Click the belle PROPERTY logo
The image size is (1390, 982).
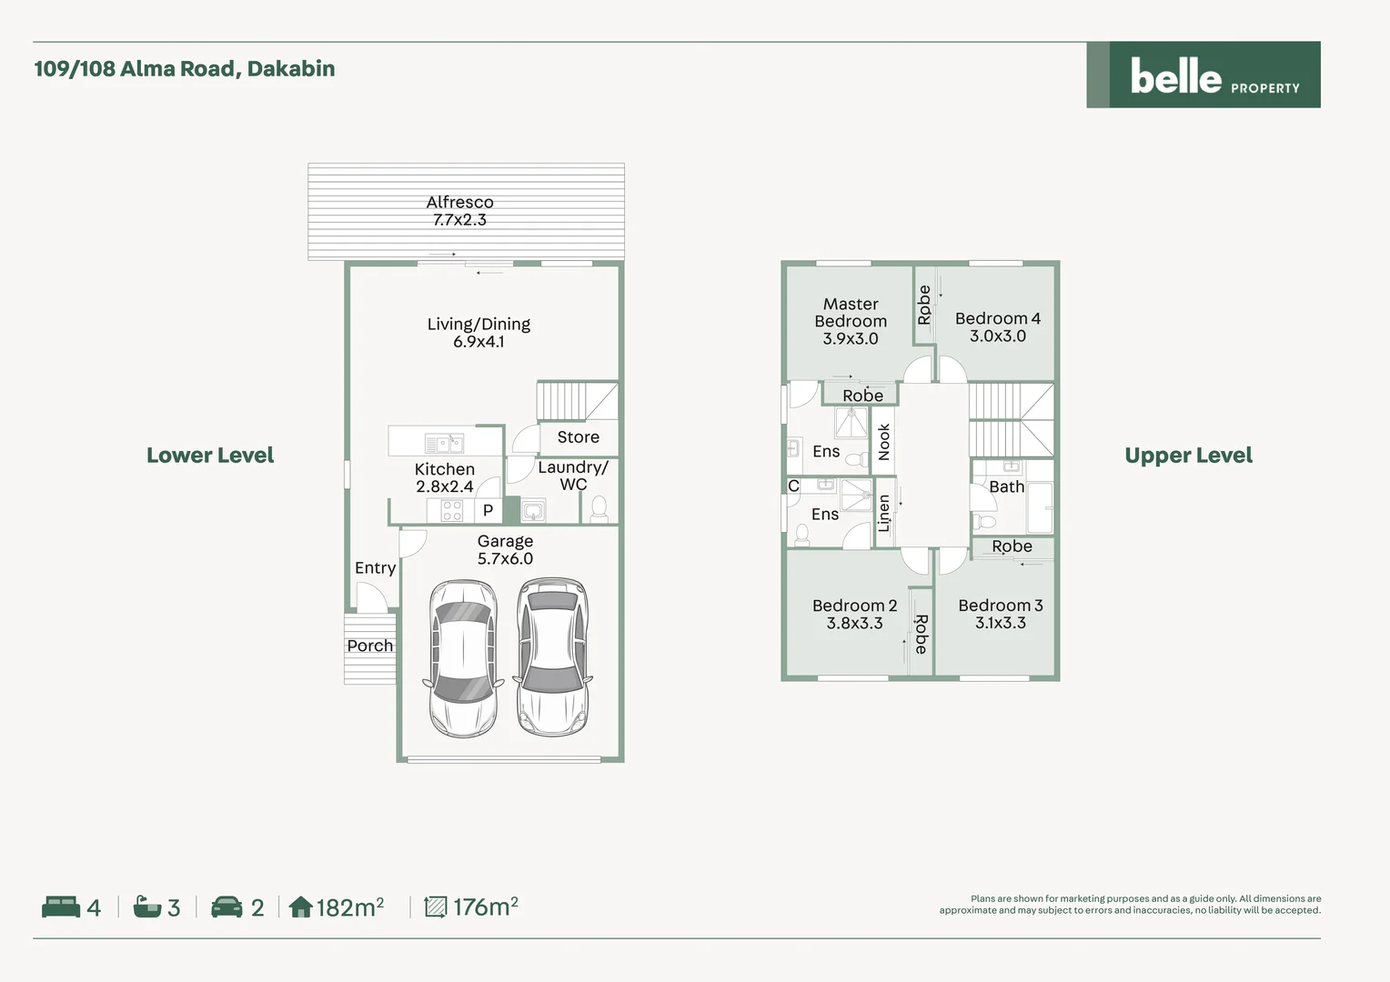(1204, 75)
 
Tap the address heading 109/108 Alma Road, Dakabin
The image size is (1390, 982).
(185, 68)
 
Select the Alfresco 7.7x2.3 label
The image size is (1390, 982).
(459, 211)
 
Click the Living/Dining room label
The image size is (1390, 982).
(478, 333)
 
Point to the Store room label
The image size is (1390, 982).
(579, 436)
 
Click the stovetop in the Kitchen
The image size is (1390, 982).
(452, 510)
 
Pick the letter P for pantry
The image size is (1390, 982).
(489, 510)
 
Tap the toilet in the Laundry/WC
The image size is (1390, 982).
(599, 509)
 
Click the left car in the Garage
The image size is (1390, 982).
(463, 658)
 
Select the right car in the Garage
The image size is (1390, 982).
(553, 657)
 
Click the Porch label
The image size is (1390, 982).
(370, 646)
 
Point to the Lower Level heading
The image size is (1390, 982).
(210, 456)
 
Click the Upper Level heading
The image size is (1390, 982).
(1188, 456)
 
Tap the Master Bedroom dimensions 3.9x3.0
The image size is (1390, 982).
(851, 339)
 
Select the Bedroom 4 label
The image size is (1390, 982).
(998, 318)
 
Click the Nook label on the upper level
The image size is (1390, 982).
(884, 442)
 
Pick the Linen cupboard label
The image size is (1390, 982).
(883, 513)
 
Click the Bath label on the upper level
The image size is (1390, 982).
(1006, 487)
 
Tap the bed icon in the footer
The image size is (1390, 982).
(61, 907)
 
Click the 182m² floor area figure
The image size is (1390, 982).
(350, 907)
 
